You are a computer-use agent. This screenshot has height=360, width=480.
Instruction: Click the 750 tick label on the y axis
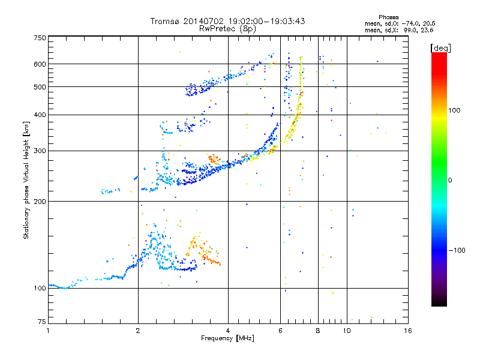pos(40,38)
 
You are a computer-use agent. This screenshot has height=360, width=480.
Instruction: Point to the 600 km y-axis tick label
pos(40,64)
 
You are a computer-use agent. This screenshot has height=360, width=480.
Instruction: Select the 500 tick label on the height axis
pos(40,86)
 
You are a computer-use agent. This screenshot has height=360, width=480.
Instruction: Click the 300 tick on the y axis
pos(40,151)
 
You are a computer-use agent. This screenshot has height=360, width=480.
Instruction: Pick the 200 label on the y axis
pos(40,201)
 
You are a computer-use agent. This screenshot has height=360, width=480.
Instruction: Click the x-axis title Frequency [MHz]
pos(227,338)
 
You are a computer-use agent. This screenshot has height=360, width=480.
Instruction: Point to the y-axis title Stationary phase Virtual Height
pos(26,180)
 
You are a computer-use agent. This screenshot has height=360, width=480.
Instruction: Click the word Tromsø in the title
pos(166,21)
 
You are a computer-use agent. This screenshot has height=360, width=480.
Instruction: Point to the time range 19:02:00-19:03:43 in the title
pos(265,21)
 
